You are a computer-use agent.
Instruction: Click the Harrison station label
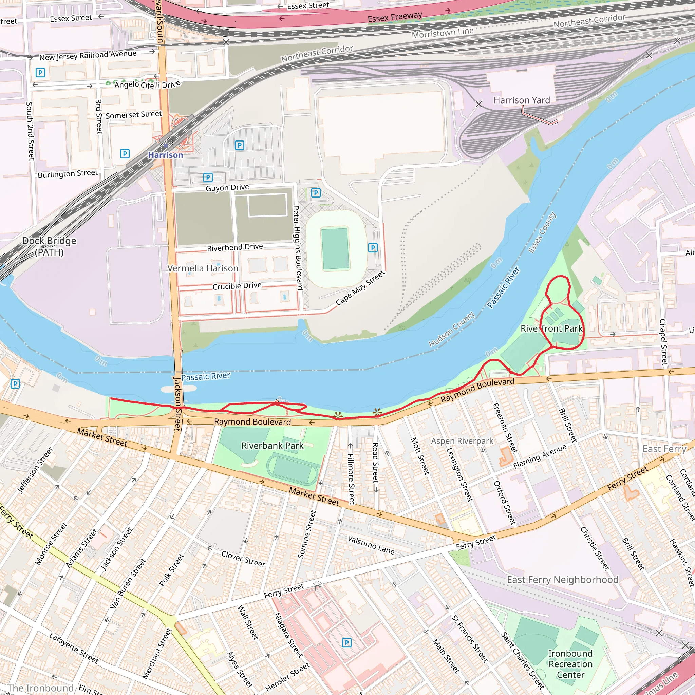pos(166,155)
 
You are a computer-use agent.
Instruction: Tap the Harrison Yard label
pos(522,100)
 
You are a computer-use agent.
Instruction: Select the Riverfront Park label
pos(551,328)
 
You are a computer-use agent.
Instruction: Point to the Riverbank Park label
pos(272,446)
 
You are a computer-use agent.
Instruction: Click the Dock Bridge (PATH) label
pos(49,246)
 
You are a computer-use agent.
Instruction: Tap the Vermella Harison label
pos(203,268)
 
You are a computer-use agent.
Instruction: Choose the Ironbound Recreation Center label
pos(570,664)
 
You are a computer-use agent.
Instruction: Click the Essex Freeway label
pos(395,17)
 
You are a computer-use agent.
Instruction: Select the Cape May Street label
pos(360,288)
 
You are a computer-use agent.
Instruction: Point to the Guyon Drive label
pos(227,187)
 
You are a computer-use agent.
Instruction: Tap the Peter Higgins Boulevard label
pos(298,248)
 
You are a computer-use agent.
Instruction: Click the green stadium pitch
pos(335,248)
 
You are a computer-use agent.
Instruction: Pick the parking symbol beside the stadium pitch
pos(373,247)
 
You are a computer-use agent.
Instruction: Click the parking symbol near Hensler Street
pos(346,643)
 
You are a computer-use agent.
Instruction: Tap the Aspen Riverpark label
pos(462,441)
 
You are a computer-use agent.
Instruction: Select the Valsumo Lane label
pos(371,545)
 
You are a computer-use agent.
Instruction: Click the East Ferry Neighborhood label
pos(563,580)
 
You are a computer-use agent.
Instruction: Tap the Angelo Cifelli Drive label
pos(147,84)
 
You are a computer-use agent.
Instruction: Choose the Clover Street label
pos(243,559)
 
